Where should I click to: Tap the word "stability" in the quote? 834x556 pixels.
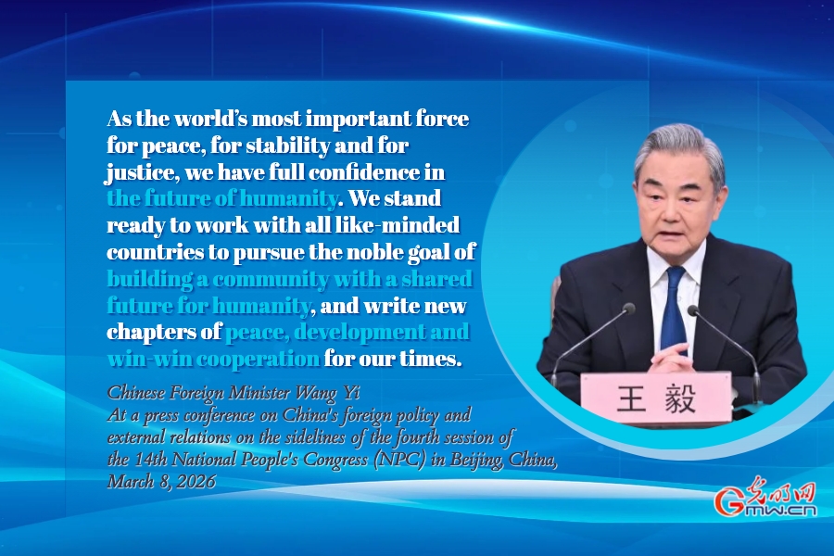[x=284, y=145]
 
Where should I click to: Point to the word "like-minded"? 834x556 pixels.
[x=398, y=225]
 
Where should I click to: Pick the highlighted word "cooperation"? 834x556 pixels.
[x=258, y=360]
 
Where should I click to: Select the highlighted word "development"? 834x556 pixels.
[x=359, y=333]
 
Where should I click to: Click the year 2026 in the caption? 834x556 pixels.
[x=196, y=482]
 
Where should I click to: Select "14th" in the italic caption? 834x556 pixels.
[x=152, y=460]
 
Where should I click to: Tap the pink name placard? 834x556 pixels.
[x=656, y=398]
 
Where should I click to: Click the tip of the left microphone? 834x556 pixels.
[x=629, y=308]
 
